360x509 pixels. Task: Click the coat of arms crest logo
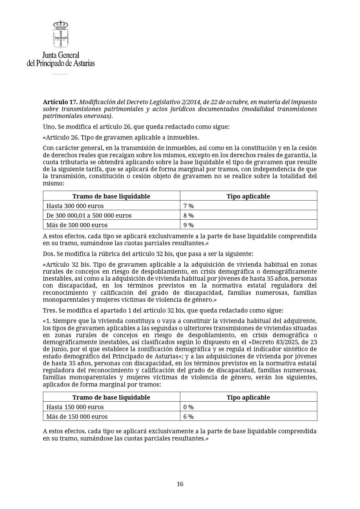coord(61,34)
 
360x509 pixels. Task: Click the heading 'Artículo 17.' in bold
coord(60,102)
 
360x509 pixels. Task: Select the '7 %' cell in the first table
coord(188,206)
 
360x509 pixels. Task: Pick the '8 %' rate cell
coord(188,215)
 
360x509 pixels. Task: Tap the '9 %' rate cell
coord(188,225)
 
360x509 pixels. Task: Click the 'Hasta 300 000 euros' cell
coord(75,206)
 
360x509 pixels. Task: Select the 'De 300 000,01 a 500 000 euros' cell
coord(89,215)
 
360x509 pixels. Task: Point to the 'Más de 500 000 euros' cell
coord(77,225)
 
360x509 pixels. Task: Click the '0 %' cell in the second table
coord(188,407)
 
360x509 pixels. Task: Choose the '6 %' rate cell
coord(188,416)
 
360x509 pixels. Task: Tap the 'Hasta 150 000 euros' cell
coord(75,407)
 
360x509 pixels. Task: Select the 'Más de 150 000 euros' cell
coord(77,416)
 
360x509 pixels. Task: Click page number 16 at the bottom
coord(180,484)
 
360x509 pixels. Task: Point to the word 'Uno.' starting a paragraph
coord(49,127)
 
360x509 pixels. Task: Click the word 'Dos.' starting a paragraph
coord(49,254)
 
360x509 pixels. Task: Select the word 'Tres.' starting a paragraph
coord(50,311)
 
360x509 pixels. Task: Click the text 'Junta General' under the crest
coord(61,55)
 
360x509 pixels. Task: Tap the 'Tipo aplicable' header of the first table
coord(248,196)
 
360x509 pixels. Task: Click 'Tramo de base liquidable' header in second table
coord(111,397)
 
